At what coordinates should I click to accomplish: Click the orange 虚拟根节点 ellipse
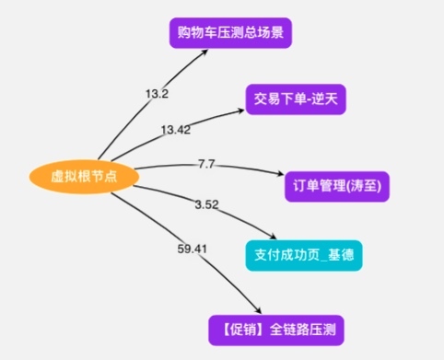[x=84, y=177]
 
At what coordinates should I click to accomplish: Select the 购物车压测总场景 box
[x=230, y=33]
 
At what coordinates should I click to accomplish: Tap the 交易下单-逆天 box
[x=296, y=99]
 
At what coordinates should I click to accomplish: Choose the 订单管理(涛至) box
[x=337, y=187]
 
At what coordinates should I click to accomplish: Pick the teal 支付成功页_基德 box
[x=304, y=256]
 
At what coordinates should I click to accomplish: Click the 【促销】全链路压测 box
[x=276, y=331]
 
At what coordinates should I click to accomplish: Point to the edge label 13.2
[x=157, y=94]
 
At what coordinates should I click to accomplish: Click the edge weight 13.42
[x=176, y=130]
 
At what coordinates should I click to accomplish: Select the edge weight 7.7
[x=206, y=164]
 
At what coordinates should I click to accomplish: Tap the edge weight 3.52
[x=206, y=204]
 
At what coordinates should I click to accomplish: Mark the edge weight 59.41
[x=193, y=249]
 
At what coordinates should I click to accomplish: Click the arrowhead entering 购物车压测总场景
[x=204, y=52]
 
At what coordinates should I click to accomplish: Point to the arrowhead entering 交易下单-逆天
[x=240, y=111]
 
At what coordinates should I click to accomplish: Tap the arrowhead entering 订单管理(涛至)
[x=280, y=174]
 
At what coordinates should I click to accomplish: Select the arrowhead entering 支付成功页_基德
[x=273, y=237]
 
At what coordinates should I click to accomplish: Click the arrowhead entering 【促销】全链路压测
[x=257, y=310]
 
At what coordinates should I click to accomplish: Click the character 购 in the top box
[x=184, y=32]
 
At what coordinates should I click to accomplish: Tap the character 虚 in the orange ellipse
[x=57, y=177]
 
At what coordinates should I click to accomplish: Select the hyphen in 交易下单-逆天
[x=309, y=100]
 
